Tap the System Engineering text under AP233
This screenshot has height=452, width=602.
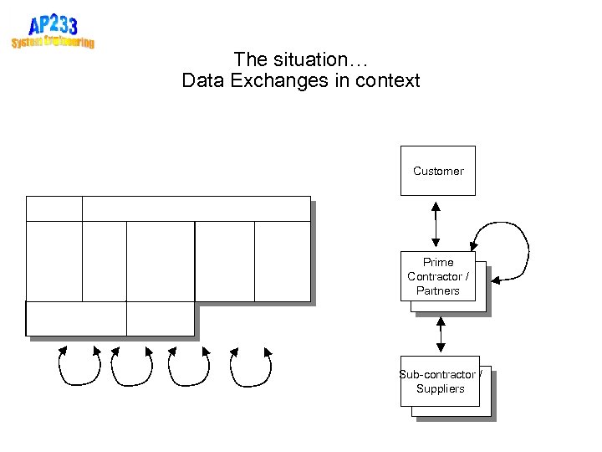click(53, 42)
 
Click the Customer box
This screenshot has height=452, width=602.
click(437, 171)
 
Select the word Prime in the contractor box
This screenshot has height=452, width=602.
click(438, 262)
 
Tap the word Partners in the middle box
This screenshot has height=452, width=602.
click(438, 290)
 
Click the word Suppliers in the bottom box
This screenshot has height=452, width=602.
click(440, 388)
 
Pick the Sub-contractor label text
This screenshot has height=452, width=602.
click(438, 374)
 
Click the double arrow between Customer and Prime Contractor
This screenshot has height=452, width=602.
click(435, 223)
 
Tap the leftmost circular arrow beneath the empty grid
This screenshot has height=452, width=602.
click(79, 366)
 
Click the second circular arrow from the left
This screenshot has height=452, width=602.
click(132, 366)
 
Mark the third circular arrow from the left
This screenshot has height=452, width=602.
click(189, 366)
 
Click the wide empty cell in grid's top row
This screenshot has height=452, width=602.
click(196, 208)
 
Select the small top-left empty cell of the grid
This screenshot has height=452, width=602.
click(54, 208)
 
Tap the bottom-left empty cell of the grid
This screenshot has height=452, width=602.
click(76, 318)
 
